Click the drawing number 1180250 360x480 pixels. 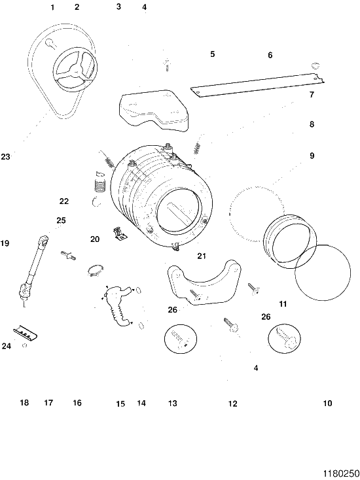click(341, 473)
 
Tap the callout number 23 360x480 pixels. click(5, 157)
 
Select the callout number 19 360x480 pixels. click(5, 244)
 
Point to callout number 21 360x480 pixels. click(202, 256)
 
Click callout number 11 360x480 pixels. click(283, 304)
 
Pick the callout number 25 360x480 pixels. click(62, 220)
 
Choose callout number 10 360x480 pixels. click(327, 403)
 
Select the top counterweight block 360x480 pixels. click(153, 111)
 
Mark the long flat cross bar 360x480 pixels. click(257, 85)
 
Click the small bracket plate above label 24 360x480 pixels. click(26, 333)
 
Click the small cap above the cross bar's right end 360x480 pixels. click(315, 65)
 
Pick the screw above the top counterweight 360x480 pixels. click(167, 65)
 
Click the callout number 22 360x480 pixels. click(64, 201)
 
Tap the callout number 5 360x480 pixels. click(213, 54)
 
